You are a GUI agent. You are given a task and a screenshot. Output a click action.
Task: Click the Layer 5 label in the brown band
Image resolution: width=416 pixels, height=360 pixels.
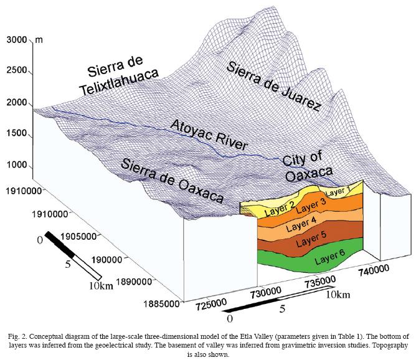[311, 240]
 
